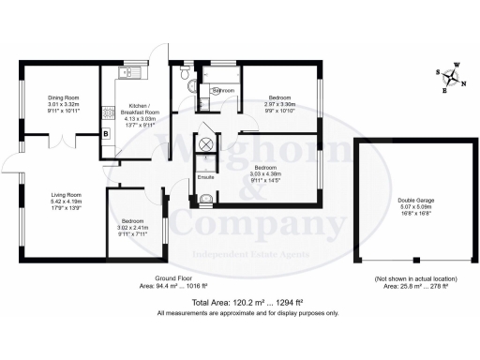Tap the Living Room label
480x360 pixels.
pyautogui.click(x=67, y=196)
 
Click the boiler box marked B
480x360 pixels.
pyautogui.click(x=106, y=134)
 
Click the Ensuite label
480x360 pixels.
pyautogui.click(x=205, y=176)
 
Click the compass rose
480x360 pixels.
pyautogui.click(x=454, y=79)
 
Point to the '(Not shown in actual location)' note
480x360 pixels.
pyautogui.click(x=406, y=279)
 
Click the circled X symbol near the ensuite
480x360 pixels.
pyautogui.click(x=205, y=143)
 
